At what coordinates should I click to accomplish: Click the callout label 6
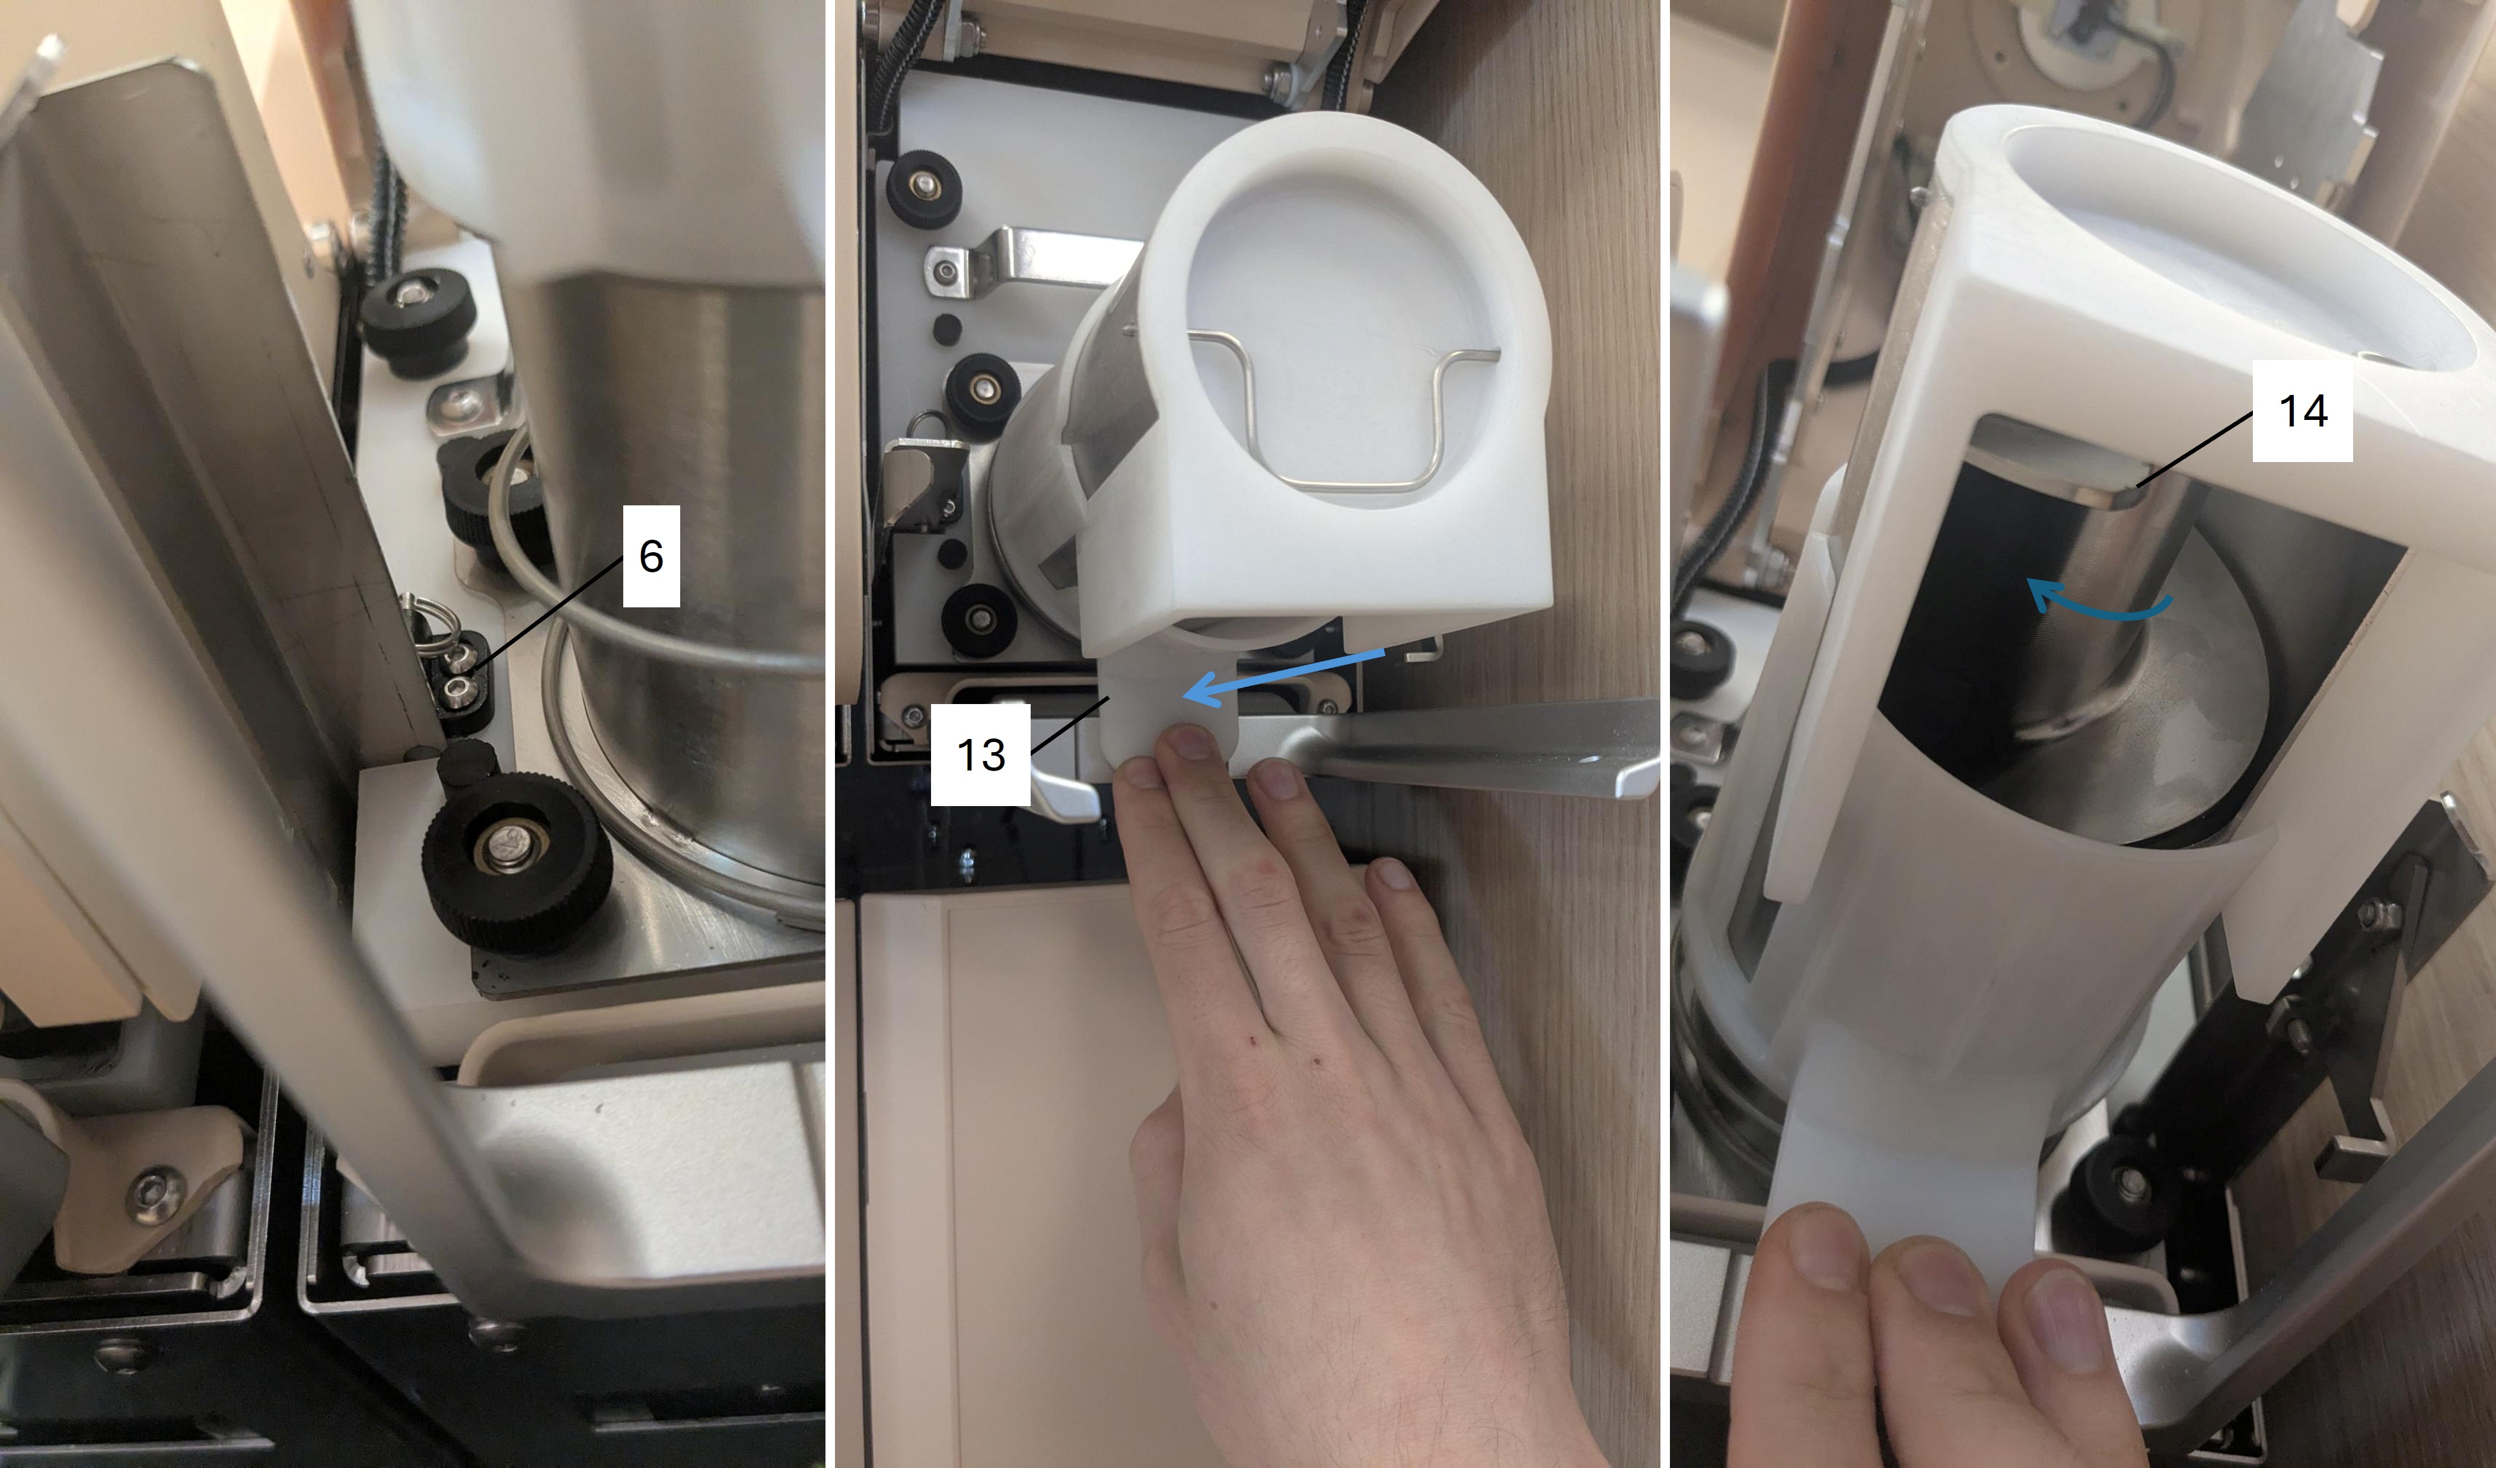click(651, 556)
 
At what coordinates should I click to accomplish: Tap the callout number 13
click(981, 755)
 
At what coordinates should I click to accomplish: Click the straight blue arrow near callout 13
click(1284, 677)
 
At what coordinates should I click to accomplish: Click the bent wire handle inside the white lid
click(1345, 416)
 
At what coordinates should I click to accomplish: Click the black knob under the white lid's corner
click(978, 616)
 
